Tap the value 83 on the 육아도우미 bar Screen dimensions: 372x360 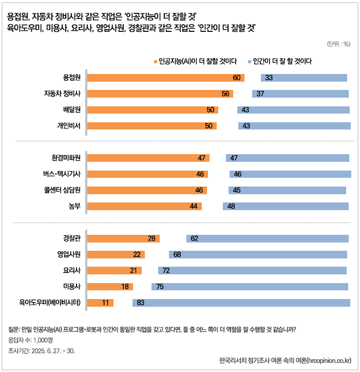click(x=140, y=303)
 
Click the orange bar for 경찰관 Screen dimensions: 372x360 click(x=123, y=238)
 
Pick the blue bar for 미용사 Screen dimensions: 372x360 click(x=250, y=287)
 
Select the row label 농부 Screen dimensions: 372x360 click(x=75, y=206)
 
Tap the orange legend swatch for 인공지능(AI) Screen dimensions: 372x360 click(x=155, y=61)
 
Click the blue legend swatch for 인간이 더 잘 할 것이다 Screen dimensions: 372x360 click(x=249, y=61)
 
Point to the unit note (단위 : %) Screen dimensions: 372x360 click(x=338, y=44)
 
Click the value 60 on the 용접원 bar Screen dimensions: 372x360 click(x=237, y=78)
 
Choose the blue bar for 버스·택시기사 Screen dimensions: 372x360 click(x=290, y=174)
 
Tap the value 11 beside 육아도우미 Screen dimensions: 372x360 click(x=105, y=303)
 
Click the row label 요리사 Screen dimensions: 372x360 click(x=73, y=270)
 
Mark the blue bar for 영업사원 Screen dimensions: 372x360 click(x=258, y=254)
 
